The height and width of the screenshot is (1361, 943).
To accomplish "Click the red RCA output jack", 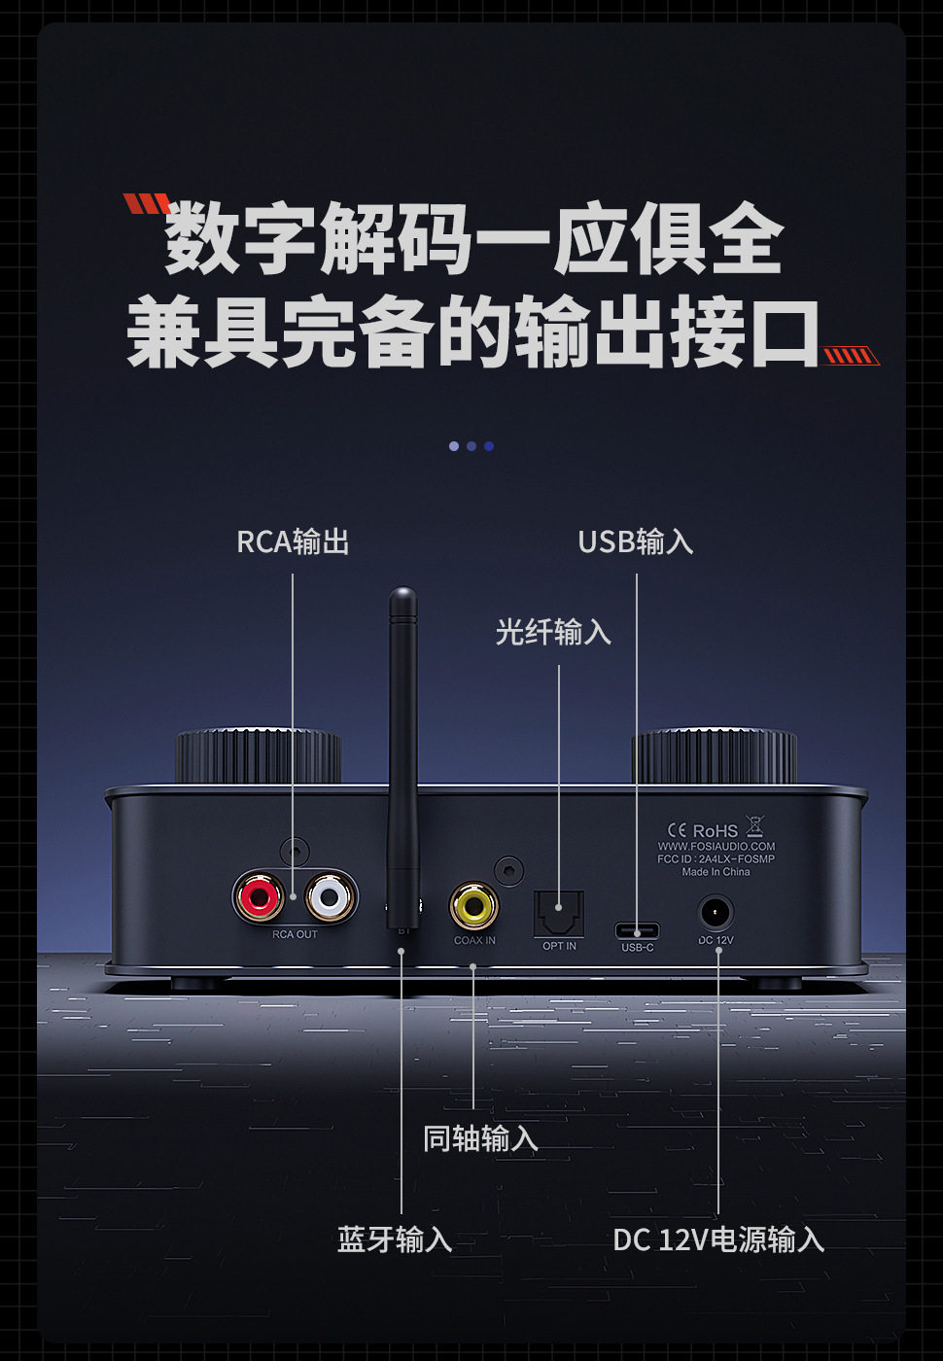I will pyautogui.click(x=260, y=896).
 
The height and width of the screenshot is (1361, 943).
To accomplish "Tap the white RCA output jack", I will pyautogui.click(x=329, y=896).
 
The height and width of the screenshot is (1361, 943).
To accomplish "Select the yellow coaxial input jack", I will pyautogui.click(x=474, y=906).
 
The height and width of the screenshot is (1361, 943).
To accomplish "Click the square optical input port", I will pyautogui.click(x=559, y=913).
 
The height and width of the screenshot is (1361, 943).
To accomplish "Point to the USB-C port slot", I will pyautogui.click(x=637, y=930).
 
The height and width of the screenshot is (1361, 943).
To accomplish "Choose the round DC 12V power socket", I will pyautogui.click(x=716, y=914).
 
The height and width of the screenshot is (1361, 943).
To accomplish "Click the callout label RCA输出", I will pyautogui.click(x=293, y=541).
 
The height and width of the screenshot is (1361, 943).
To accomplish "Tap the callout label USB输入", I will pyautogui.click(x=636, y=541).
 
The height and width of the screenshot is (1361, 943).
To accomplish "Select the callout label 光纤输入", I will pyautogui.click(x=553, y=632).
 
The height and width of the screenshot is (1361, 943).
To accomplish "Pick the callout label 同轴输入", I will pyautogui.click(x=480, y=1137).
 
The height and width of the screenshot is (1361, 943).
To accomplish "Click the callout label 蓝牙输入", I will pyautogui.click(x=395, y=1239).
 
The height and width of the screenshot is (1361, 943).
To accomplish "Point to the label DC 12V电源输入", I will pyautogui.click(x=718, y=1239).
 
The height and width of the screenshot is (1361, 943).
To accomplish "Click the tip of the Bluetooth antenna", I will pyautogui.click(x=402, y=594).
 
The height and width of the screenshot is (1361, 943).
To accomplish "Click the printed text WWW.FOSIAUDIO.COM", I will pyautogui.click(x=716, y=846).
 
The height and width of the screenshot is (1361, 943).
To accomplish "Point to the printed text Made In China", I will pyautogui.click(x=716, y=872).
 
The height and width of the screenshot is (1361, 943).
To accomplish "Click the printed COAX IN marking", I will pyautogui.click(x=474, y=941).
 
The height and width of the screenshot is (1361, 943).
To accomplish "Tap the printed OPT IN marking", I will pyautogui.click(x=559, y=946).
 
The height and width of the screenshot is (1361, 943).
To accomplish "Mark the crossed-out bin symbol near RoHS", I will pyautogui.click(x=755, y=827).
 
